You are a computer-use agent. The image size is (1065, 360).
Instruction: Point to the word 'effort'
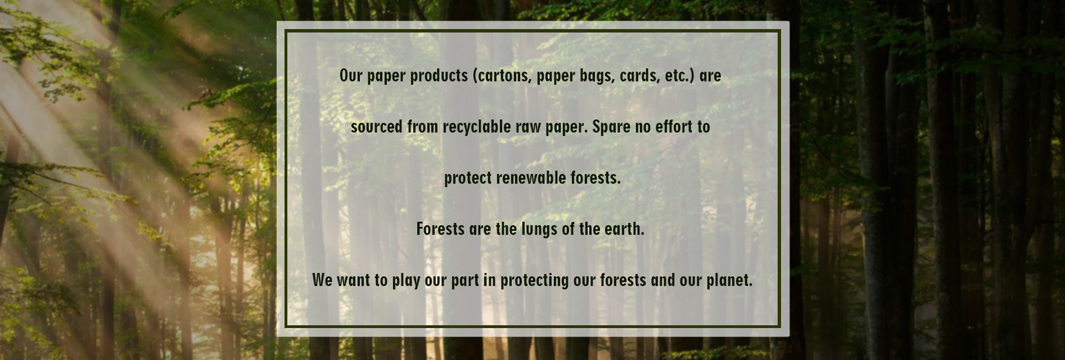click(674, 126)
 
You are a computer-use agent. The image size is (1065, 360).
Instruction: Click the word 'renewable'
click(523, 178)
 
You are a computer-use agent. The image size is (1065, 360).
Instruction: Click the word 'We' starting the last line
click(322, 280)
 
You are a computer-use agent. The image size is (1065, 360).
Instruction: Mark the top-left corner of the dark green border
click(286, 31)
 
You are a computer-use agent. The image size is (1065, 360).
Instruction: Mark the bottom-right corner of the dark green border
click(779, 326)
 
